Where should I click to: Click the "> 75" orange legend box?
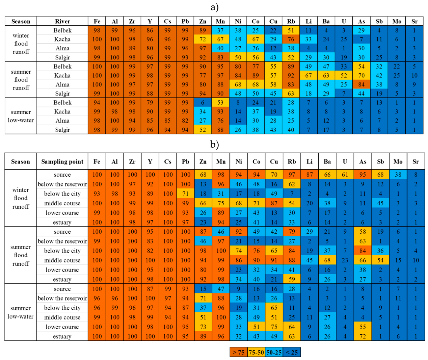click(238, 352)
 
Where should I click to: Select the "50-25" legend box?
click(274, 352)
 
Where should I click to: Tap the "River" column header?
click(62, 21)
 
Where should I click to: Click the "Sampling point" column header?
click(62, 161)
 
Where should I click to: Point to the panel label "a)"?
click(214, 7)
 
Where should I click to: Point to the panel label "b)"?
click(214, 144)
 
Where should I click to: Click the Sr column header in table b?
click(416, 161)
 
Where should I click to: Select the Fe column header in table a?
click(97, 21)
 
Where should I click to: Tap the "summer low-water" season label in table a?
click(21, 116)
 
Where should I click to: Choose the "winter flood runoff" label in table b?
click(21, 198)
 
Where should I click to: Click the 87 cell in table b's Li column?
click(310, 174)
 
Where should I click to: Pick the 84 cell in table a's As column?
click(362, 84)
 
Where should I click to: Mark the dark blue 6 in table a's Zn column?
click(203, 102)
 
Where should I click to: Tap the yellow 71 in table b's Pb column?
click(185, 194)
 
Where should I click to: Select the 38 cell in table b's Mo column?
click(398, 174)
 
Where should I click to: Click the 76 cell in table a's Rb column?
click(291, 39)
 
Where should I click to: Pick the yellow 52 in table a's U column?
click(344, 75)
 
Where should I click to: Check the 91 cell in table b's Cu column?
click(274, 260)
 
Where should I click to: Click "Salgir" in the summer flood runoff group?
click(62, 93)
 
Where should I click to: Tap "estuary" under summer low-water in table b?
click(62, 336)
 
